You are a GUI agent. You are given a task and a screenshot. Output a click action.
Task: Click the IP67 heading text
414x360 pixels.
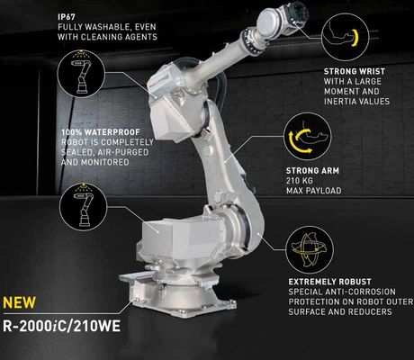(67, 17)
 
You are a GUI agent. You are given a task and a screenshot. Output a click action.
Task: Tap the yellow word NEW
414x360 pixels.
(19, 302)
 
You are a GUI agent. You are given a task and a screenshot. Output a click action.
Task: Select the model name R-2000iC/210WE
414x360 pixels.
(61, 326)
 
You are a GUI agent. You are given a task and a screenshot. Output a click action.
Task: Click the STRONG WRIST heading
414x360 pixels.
(355, 71)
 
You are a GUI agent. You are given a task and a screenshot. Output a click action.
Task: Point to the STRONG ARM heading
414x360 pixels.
(312, 171)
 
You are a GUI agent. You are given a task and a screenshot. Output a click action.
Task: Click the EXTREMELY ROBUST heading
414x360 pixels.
(330, 282)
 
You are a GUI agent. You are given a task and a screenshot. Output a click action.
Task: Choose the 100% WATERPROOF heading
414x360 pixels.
(101, 132)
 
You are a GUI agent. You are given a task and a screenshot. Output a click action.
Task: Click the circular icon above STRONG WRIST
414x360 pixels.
(345, 38)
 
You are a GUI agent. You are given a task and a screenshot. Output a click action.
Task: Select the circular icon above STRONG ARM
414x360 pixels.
(308, 137)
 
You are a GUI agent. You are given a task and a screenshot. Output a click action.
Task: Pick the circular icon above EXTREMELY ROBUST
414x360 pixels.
(310, 250)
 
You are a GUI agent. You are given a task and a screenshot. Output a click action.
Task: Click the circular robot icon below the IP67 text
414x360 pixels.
(81, 74)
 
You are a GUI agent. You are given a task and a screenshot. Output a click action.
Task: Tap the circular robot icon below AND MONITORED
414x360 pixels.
(83, 207)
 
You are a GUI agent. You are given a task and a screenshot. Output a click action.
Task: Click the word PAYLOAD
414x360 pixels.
(325, 191)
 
